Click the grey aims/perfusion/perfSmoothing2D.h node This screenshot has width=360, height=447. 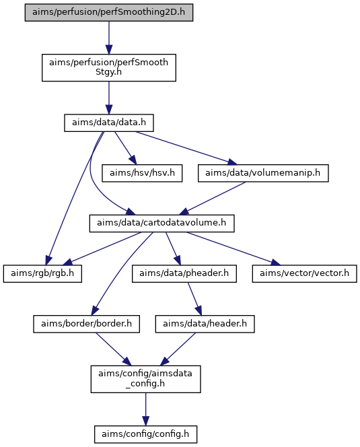coord(109,12)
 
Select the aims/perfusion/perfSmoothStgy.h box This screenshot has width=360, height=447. coord(109,67)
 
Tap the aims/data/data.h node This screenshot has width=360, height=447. coord(109,123)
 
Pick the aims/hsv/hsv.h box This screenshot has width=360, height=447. coord(142,173)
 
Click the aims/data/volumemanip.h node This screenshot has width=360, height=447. coord(263,173)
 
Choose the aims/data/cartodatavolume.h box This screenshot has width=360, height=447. coord(162,224)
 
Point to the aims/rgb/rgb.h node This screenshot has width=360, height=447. coord(42,274)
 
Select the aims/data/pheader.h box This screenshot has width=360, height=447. coord(184,274)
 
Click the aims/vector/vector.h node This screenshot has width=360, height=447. coord(304,274)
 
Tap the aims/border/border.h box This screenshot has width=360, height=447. coord(86,324)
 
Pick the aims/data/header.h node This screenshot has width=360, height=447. coord(205,324)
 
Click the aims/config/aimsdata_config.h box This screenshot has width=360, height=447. coord(145,379)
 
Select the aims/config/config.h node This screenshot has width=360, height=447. coord(145,434)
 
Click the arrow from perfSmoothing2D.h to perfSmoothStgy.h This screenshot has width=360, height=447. coord(109,37)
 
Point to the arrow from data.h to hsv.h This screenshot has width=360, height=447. coord(125,148)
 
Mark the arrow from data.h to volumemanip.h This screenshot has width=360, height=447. coord(186,148)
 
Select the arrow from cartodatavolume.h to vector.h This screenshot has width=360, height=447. coord(233,248)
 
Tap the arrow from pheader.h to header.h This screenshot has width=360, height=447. coord(194,299)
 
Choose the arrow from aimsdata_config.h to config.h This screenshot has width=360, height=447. coord(145,409)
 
